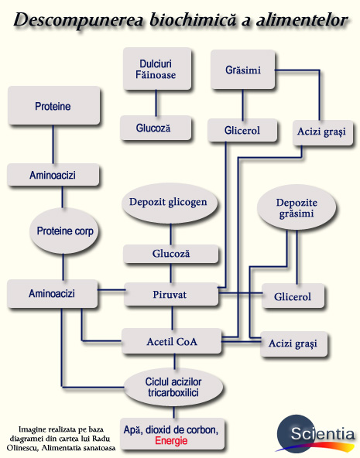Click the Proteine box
click(x=53, y=107)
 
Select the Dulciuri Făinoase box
click(x=157, y=69)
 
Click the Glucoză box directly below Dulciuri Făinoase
click(x=156, y=128)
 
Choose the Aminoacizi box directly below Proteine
click(x=53, y=175)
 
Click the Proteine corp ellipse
click(x=67, y=231)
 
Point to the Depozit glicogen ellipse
click(x=170, y=202)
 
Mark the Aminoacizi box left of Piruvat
click(x=53, y=294)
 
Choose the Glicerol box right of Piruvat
click(x=293, y=296)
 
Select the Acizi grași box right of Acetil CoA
click(x=293, y=342)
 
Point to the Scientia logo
click(x=317, y=433)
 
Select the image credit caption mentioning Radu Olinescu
click(x=67, y=437)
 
